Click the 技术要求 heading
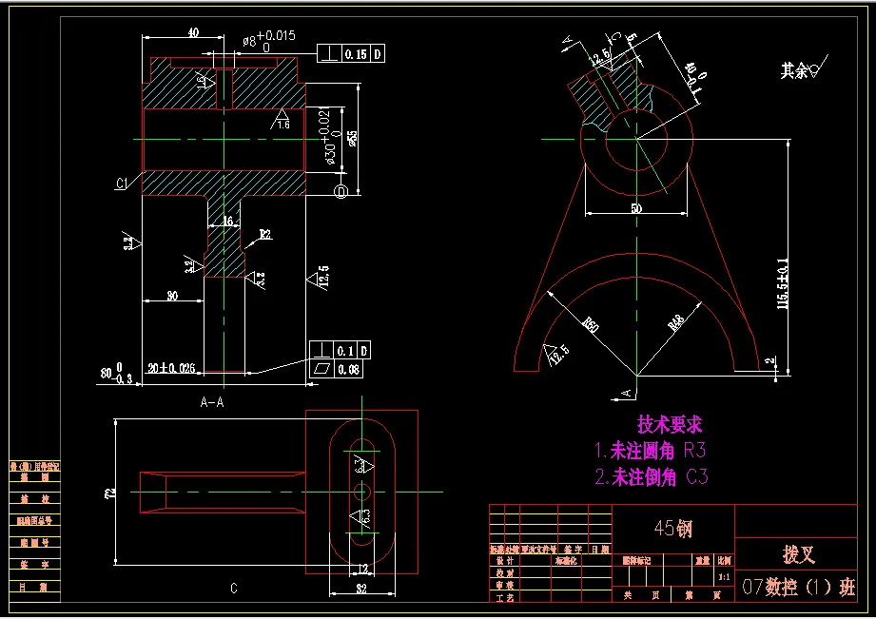pyautogui.click(x=670, y=425)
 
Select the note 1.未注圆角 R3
pyautogui.click(x=651, y=451)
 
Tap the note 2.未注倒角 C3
pyautogui.click(x=652, y=476)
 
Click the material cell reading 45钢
pyautogui.click(x=672, y=529)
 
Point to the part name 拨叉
pyautogui.click(x=797, y=553)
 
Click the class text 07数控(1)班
pyautogui.click(x=798, y=588)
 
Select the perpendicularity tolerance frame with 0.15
pyautogui.click(x=352, y=54)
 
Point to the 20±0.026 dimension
pyautogui.click(x=171, y=368)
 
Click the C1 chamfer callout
pyautogui.click(x=123, y=184)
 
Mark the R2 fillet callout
pyautogui.click(x=265, y=234)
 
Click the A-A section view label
pyautogui.click(x=212, y=402)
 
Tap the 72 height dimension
pyautogui.click(x=110, y=493)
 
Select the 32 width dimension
pyautogui.click(x=361, y=590)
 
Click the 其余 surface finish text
pyautogui.click(x=794, y=70)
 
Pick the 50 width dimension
pyautogui.click(x=635, y=207)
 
